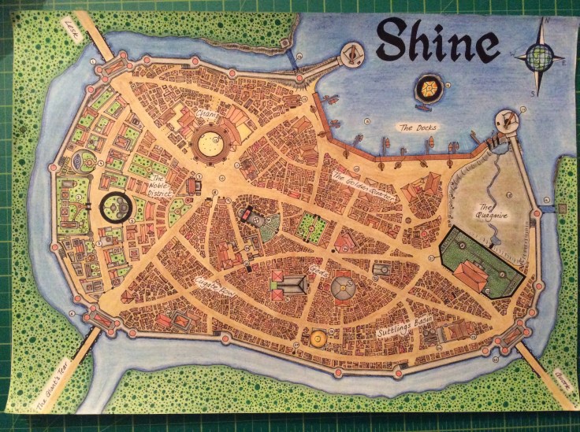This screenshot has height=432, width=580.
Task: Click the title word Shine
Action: [x=437, y=39]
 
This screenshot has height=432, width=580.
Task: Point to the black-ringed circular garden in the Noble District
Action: [x=117, y=207]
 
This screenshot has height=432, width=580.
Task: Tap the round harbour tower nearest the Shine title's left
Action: [x=351, y=54]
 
